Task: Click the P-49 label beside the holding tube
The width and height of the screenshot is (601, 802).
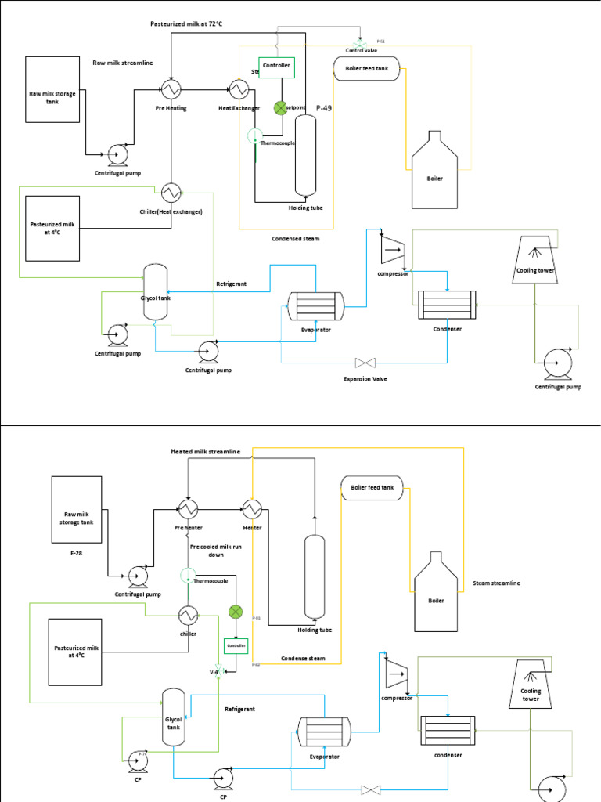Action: (x=324, y=108)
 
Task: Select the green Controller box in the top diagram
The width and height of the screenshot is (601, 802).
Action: (x=276, y=67)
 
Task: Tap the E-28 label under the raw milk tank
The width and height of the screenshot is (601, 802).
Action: (x=76, y=553)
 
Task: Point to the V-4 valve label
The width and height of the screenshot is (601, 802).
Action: (x=214, y=671)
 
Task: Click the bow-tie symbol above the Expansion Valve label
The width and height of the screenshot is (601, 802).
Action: (x=365, y=363)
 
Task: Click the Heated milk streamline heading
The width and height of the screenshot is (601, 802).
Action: (x=206, y=452)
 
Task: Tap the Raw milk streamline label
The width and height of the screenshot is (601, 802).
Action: (x=123, y=62)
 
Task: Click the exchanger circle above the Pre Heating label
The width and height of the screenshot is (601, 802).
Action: (x=171, y=88)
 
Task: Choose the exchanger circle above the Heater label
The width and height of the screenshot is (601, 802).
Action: (x=251, y=509)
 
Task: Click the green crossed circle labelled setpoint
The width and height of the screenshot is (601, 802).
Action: (x=280, y=107)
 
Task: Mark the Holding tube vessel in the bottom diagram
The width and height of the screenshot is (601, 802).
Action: (x=314, y=576)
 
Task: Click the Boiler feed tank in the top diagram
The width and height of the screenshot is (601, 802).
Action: (x=367, y=69)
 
